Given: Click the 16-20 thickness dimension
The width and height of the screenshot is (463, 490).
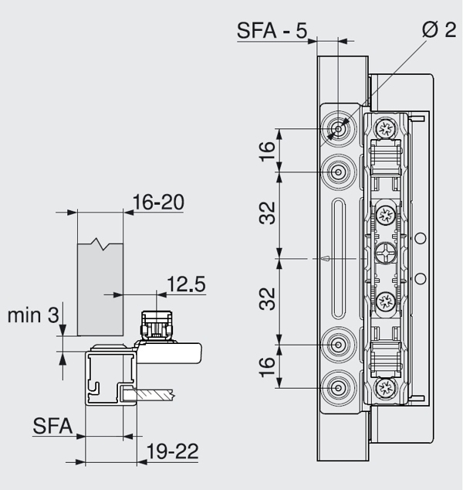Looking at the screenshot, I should click(158, 202).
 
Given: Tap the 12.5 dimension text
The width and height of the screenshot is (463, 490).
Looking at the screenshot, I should click(185, 284).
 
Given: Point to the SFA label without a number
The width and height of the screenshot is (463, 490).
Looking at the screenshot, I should click(53, 426).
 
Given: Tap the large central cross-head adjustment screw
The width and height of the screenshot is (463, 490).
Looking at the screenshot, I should click(386, 256).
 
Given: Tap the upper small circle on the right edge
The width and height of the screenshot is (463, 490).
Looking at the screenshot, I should click(421, 239).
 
